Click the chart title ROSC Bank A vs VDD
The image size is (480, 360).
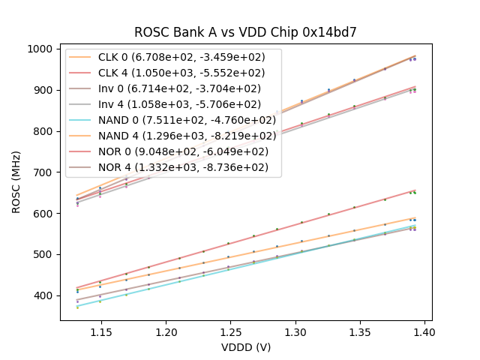[x=245, y=32]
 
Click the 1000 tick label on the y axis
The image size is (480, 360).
[x=40, y=49]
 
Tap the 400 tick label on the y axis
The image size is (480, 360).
[x=43, y=295]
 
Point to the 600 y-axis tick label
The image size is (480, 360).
[x=43, y=213]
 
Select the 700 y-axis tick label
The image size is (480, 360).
[x=43, y=172]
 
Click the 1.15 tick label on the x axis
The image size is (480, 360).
[x=101, y=331]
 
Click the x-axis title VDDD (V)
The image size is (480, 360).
[x=245, y=347]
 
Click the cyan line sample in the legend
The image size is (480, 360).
[x=83, y=120]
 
